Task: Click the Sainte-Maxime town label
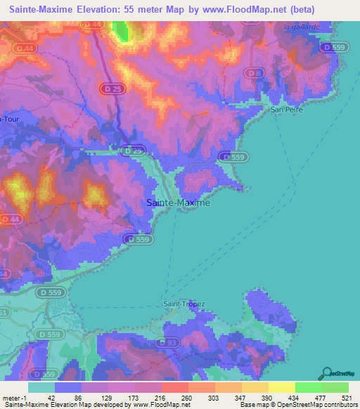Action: click(x=178, y=202)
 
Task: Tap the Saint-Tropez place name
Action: click(x=184, y=304)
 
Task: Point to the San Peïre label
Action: click(x=287, y=110)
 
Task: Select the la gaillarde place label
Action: click(x=302, y=26)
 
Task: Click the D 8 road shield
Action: click(x=256, y=72)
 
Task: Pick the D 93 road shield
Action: click(x=168, y=342)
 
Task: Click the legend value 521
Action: click(x=344, y=398)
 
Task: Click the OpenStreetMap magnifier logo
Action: click(x=328, y=373)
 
